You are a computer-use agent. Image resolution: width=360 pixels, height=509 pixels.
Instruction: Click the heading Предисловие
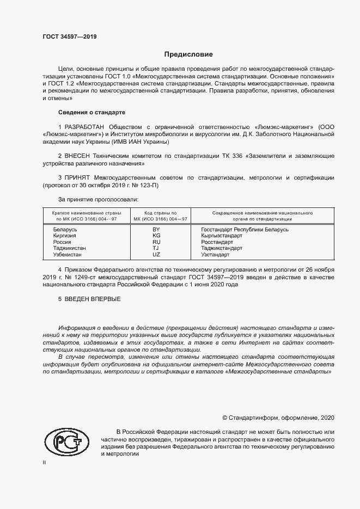click(x=189, y=54)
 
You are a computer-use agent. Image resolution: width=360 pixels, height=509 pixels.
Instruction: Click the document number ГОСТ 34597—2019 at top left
click(x=70, y=37)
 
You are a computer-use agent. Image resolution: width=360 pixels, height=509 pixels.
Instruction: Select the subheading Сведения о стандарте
click(x=91, y=112)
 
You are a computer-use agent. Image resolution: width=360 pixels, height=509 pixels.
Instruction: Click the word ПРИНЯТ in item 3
click(x=78, y=178)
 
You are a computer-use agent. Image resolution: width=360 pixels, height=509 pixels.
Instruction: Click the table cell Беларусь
click(x=65, y=230)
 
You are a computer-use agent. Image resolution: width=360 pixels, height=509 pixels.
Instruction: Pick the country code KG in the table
click(x=156, y=236)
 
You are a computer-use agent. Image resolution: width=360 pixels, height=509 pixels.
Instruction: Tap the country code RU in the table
click(x=156, y=242)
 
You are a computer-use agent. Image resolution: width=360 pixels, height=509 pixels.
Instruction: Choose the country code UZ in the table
click(x=156, y=254)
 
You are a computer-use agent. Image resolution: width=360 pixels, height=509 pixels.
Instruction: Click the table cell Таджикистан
click(x=69, y=248)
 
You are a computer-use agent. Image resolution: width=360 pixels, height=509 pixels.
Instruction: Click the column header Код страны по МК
click(x=157, y=216)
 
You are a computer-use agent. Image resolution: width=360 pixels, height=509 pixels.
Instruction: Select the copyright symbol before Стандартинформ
click(x=225, y=418)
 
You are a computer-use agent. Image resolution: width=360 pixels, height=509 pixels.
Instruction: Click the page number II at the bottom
click(x=44, y=463)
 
